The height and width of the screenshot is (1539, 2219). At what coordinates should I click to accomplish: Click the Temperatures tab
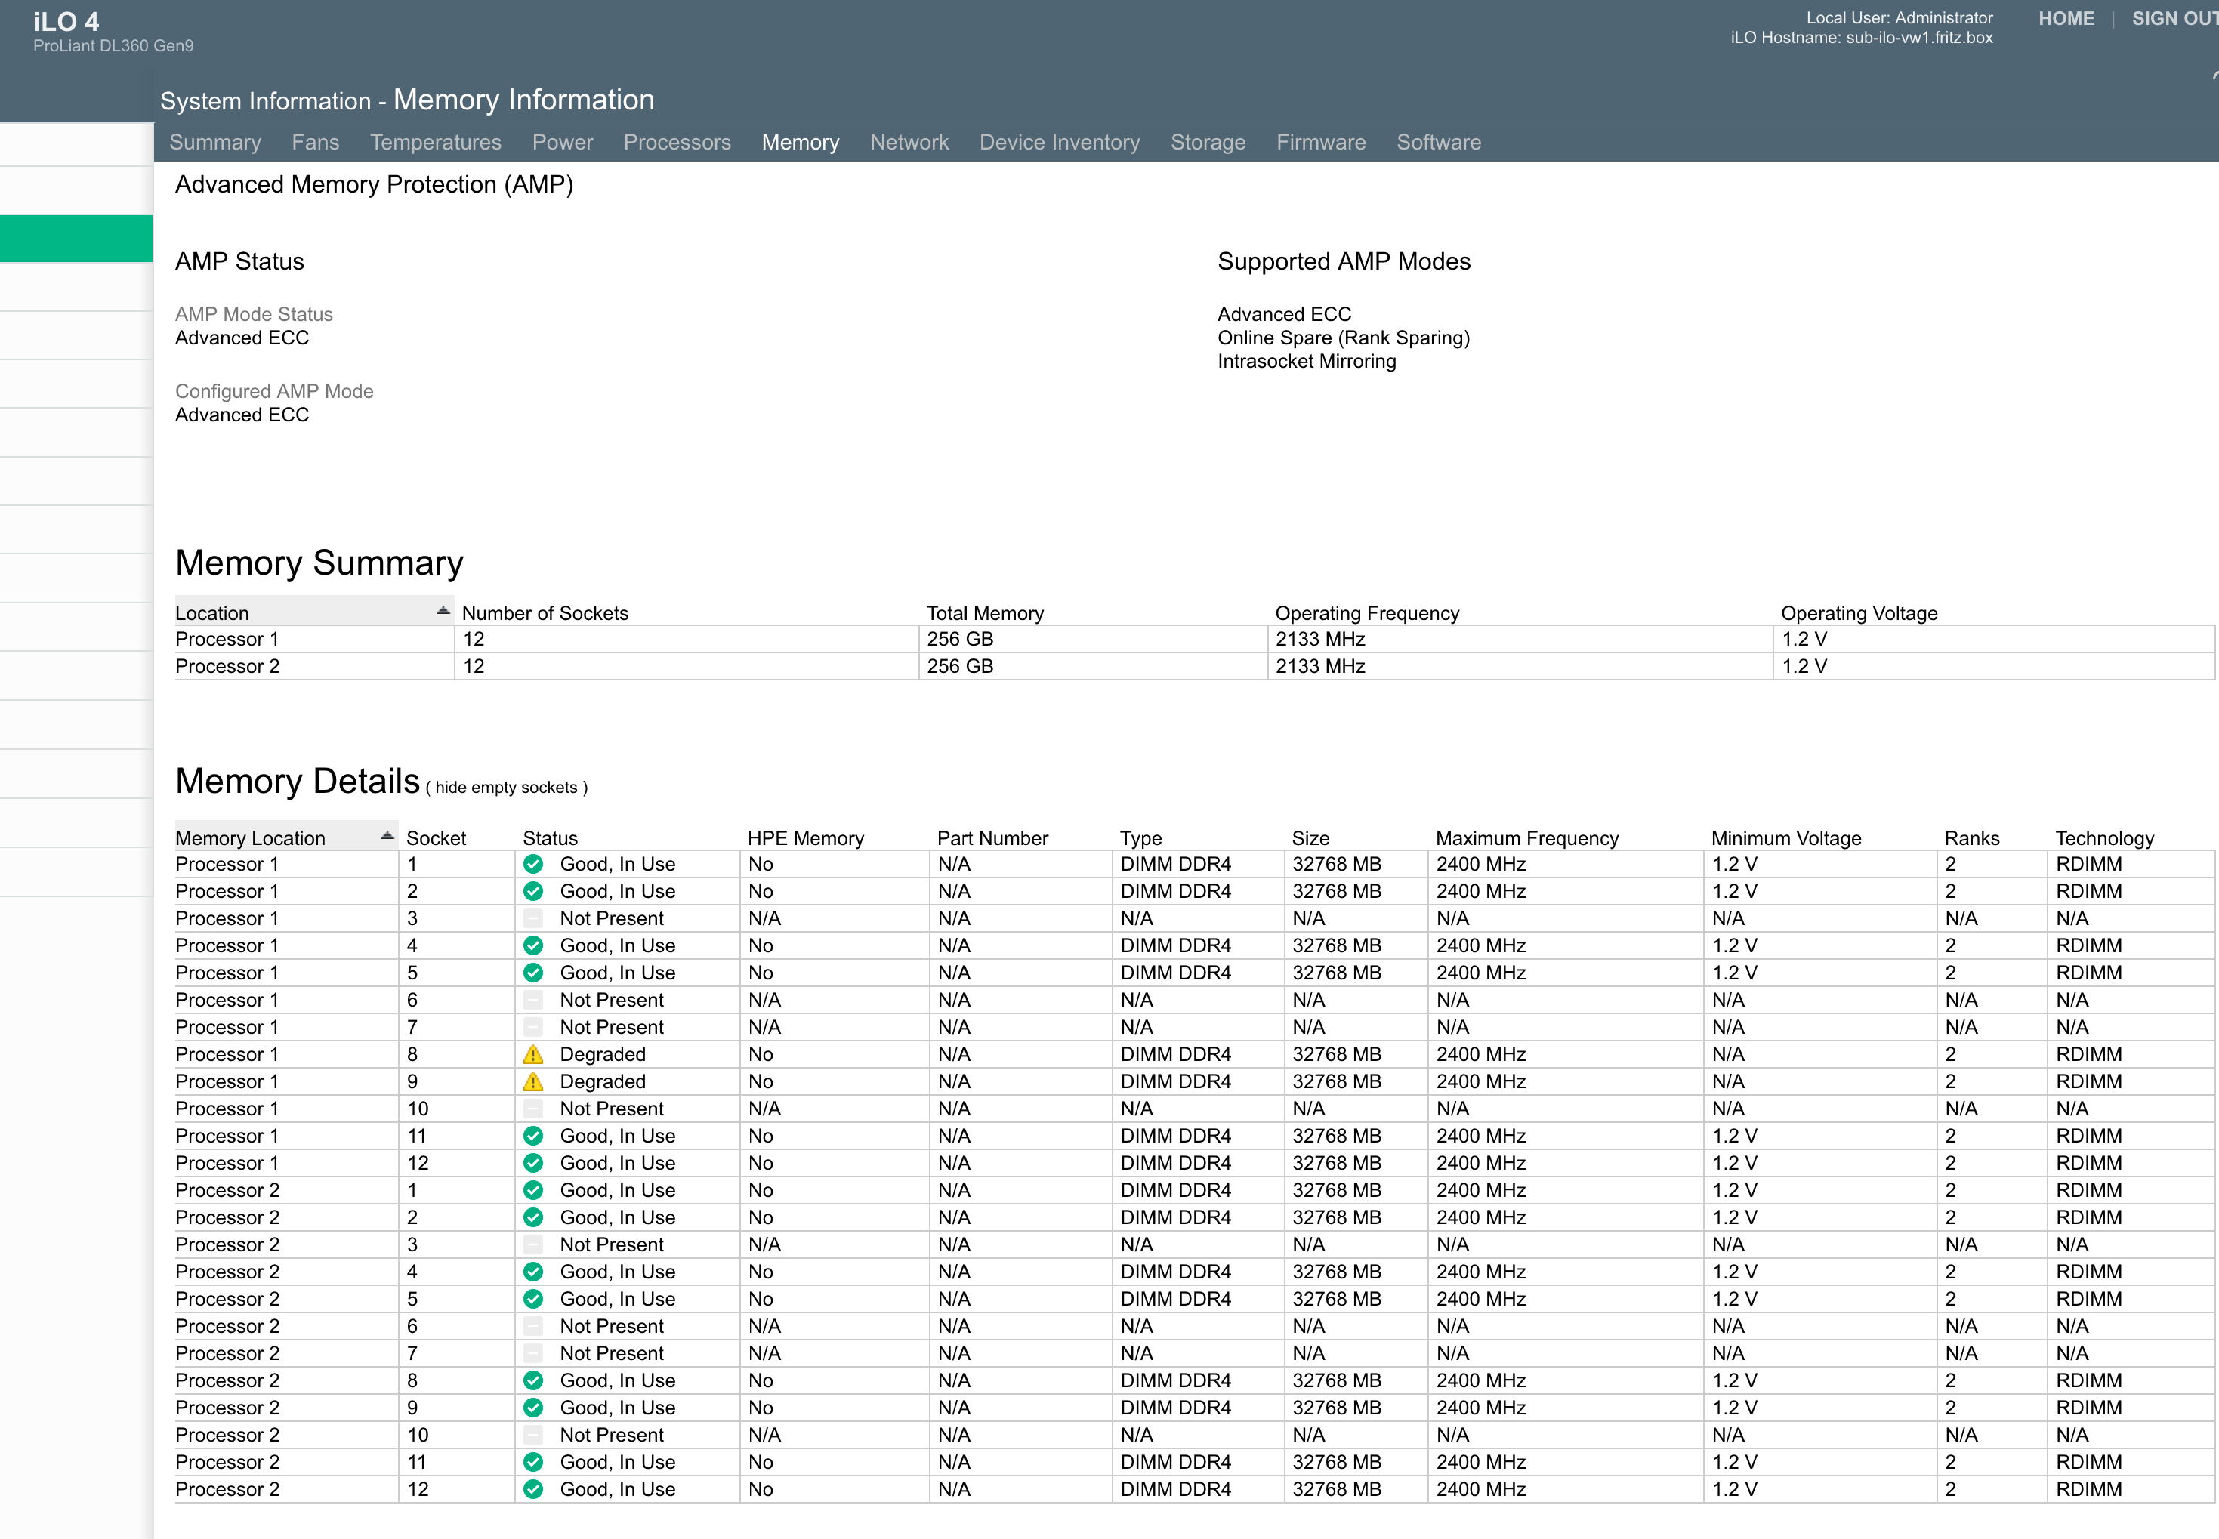pos(436,142)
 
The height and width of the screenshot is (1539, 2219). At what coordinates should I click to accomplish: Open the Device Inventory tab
pos(1059,142)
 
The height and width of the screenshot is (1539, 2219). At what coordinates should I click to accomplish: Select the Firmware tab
pos(1320,142)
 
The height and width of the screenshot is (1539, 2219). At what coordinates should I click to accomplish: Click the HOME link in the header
pos(2066,18)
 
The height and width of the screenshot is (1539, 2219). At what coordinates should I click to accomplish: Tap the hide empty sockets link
pos(506,787)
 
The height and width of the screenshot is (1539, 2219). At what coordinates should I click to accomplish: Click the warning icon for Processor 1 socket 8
pos(533,1054)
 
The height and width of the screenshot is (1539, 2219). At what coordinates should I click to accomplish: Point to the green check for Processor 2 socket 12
pos(533,1489)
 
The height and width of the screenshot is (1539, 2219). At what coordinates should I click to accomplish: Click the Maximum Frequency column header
pos(1526,838)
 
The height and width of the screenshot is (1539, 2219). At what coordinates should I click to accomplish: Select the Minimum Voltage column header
pos(1786,838)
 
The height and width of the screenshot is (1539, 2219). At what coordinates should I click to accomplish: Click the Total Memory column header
pos(985,613)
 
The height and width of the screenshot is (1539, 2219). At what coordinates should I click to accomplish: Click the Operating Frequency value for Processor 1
pos(1320,640)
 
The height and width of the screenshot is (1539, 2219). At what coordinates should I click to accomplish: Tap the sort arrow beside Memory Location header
pos(387,835)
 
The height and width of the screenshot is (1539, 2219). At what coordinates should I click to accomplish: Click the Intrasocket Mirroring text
pos(1307,362)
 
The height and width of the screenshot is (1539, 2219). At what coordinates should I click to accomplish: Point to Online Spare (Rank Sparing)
pos(1344,338)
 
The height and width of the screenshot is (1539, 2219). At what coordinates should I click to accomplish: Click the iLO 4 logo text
pos(66,21)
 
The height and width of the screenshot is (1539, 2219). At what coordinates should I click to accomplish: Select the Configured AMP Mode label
pos(274,391)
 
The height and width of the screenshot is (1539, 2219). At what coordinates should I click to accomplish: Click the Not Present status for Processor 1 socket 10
pos(612,1109)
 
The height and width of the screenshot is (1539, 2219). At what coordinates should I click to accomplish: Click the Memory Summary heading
pos(319,563)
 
